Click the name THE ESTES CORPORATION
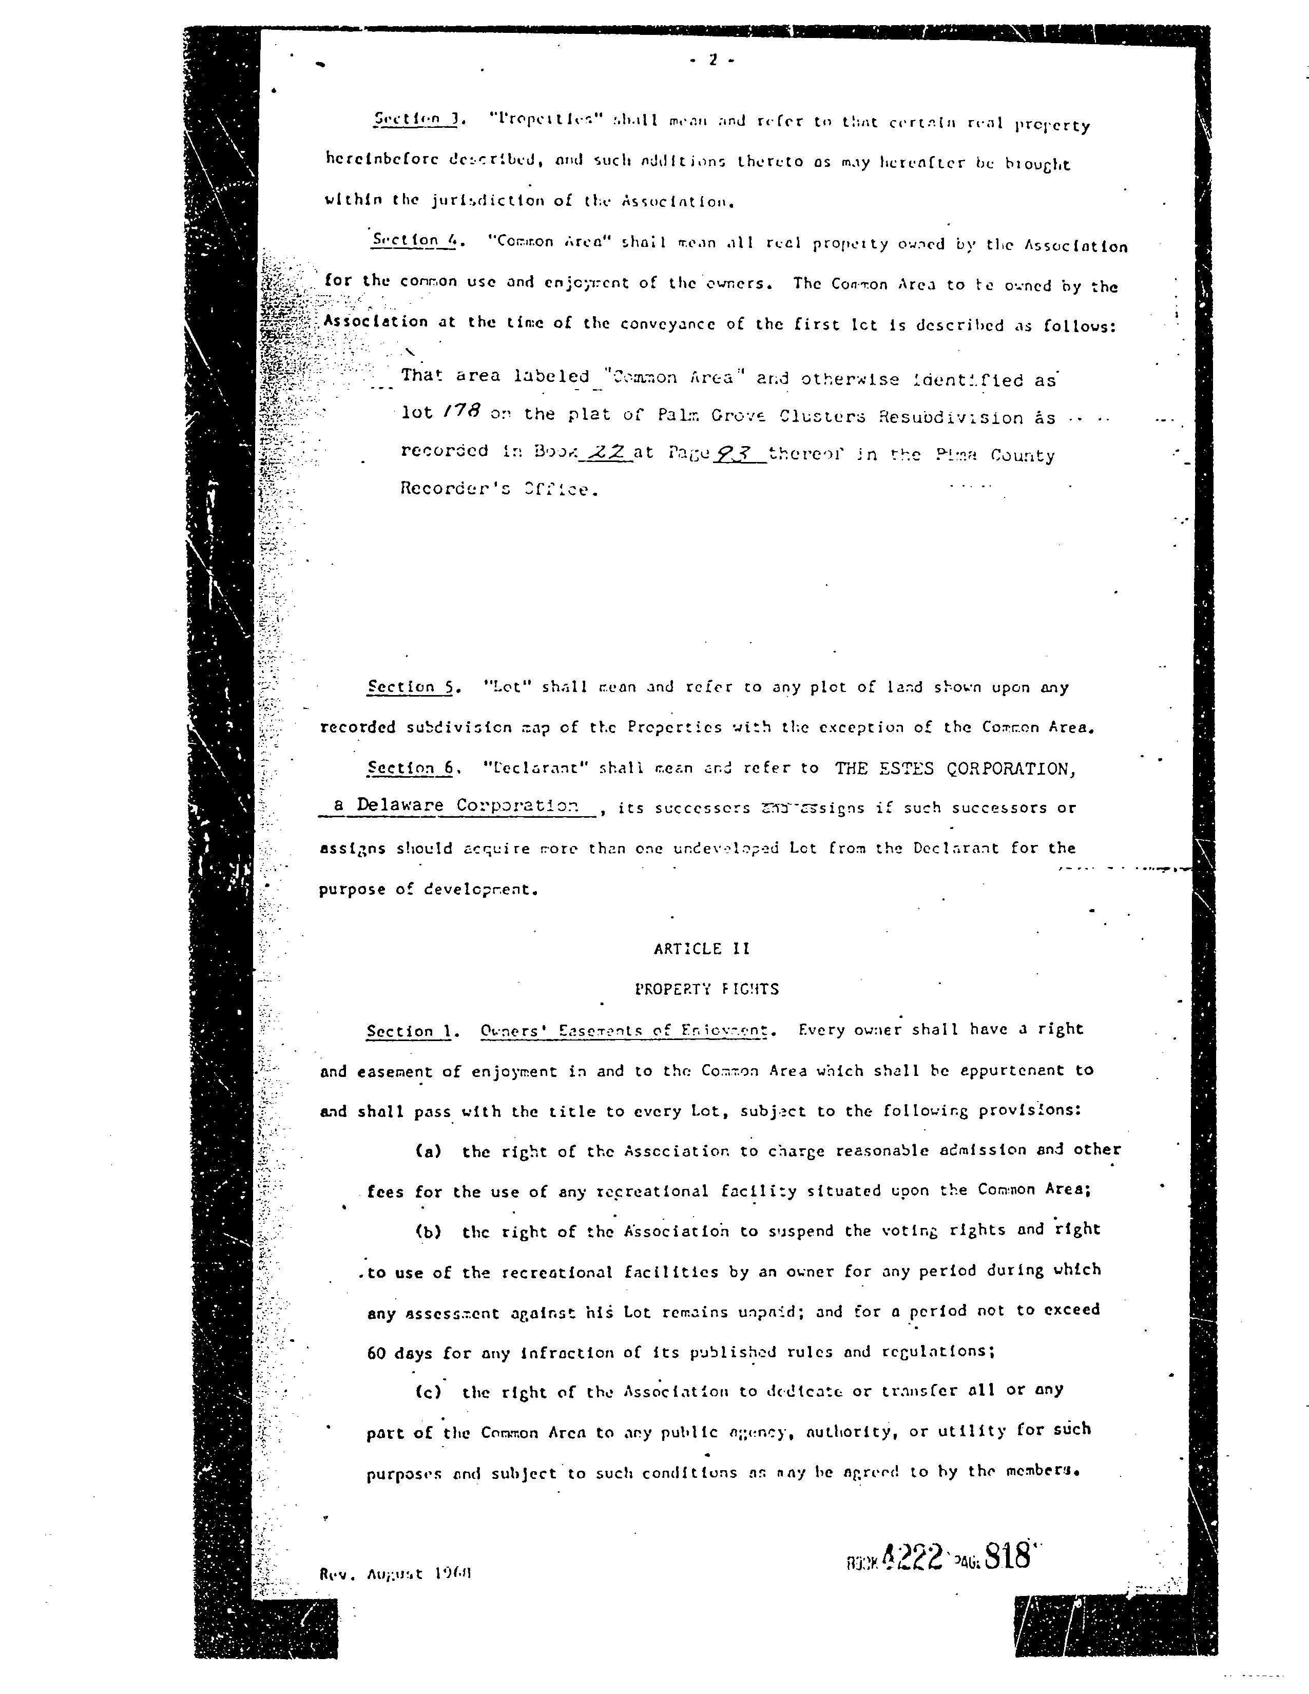tap(955, 768)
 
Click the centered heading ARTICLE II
tap(702, 949)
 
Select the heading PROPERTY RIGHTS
tap(706, 989)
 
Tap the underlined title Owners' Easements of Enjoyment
tap(624, 1031)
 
